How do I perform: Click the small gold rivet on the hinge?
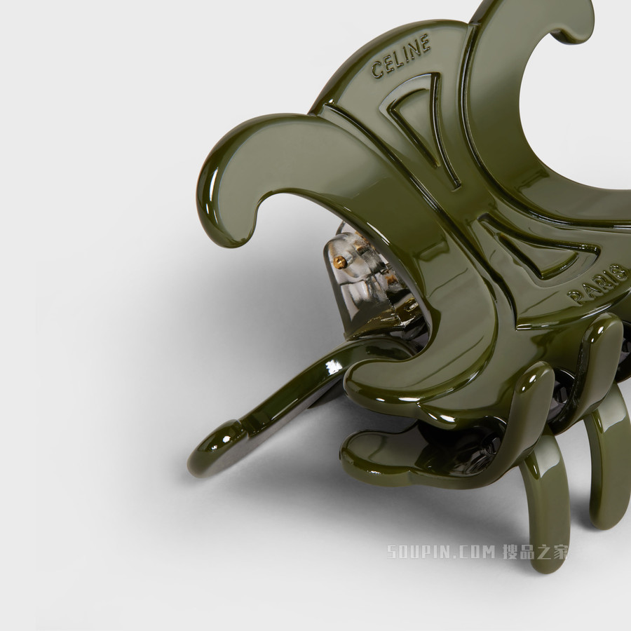[x=339, y=261]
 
